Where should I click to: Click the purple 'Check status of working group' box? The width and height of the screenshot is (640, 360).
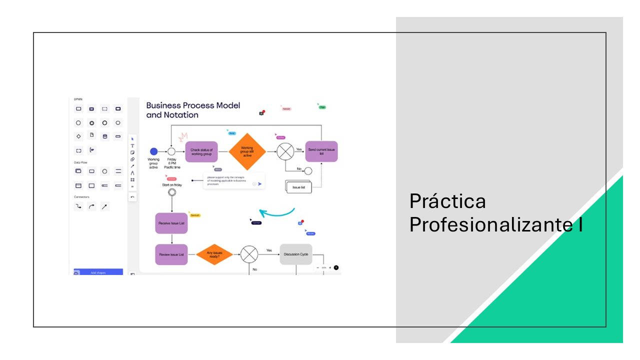pos(201,151)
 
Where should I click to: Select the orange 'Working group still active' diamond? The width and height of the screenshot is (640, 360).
pos(247,151)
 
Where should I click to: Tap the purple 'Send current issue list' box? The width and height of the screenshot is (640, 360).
pos(321,151)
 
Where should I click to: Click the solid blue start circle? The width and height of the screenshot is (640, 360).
pos(154,151)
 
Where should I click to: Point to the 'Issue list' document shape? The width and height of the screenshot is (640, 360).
pos(299,187)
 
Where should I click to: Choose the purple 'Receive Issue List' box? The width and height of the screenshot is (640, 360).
pos(171,223)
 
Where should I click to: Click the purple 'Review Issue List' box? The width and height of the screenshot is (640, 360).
pos(171,254)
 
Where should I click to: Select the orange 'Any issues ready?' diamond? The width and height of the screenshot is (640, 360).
pos(214,254)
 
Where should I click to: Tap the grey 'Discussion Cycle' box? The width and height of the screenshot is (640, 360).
pos(296,254)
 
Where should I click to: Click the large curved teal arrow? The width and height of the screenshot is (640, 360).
pos(277,212)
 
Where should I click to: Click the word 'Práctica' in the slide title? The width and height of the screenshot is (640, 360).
pos(447,201)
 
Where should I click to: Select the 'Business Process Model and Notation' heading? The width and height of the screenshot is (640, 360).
pos(193,110)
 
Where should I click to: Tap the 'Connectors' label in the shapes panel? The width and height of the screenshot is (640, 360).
pos(81,196)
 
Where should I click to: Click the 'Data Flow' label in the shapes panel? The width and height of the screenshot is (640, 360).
pos(80,162)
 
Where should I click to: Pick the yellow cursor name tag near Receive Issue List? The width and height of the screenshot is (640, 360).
pos(194,215)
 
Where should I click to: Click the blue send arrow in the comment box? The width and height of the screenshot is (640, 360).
pos(260,184)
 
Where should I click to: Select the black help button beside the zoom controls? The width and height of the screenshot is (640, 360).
pos(336,267)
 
